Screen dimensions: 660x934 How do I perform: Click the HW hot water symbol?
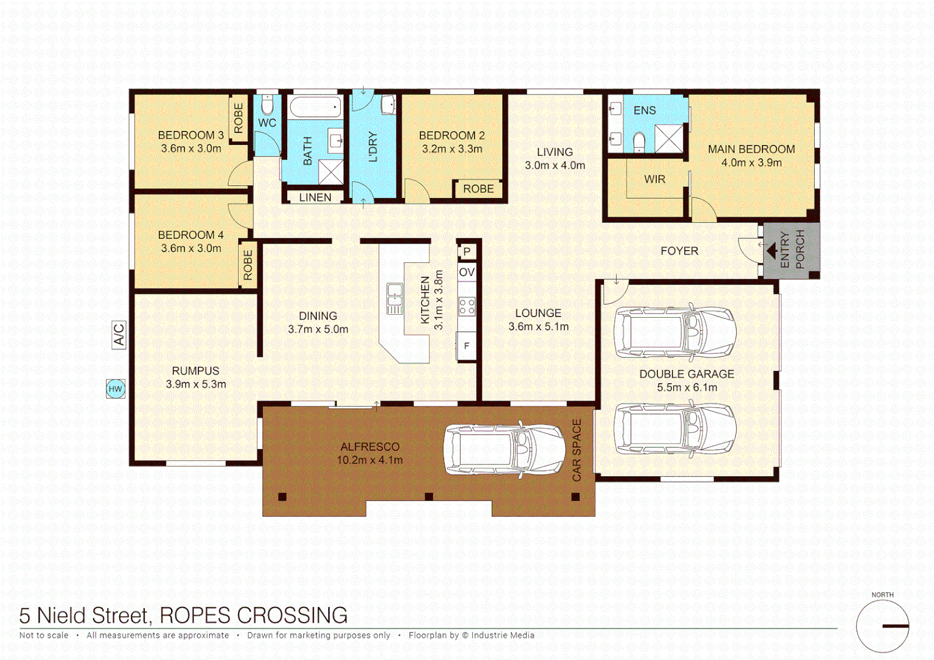pyautogui.click(x=115, y=389)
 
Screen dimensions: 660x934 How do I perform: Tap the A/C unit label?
pyautogui.click(x=119, y=335)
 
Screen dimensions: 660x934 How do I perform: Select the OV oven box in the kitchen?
pyautogui.click(x=467, y=272)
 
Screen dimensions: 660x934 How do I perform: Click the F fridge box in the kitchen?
pyautogui.click(x=467, y=346)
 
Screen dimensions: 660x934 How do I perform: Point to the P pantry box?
pyautogui.click(x=467, y=251)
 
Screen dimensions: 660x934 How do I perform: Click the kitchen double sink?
pyautogui.click(x=395, y=299)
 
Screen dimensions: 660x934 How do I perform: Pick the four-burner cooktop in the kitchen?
pyautogui.click(x=467, y=306)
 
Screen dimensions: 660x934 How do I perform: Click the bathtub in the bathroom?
pyautogui.click(x=315, y=108)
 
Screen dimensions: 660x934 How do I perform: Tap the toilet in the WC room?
pyautogui.click(x=267, y=105)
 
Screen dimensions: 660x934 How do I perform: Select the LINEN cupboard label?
pyautogui.click(x=315, y=197)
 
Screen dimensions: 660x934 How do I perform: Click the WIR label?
pyautogui.click(x=654, y=179)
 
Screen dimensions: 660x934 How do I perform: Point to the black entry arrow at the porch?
pyautogui.click(x=772, y=251)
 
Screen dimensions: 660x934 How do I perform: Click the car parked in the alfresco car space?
pyautogui.click(x=504, y=450)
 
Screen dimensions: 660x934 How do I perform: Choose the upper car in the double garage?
pyautogui.click(x=675, y=332)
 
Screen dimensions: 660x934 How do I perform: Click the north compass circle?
pyautogui.click(x=882, y=626)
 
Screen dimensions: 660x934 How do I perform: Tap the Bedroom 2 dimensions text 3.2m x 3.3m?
pyautogui.click(x=452, y=149)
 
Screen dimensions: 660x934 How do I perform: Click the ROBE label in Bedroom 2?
pyautogui.click(x=478, y=189)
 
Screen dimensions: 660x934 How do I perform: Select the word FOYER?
pyautogui.click(x=679, y=251)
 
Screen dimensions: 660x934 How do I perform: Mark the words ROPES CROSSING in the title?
pyautogui.click(x=254, y=615)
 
